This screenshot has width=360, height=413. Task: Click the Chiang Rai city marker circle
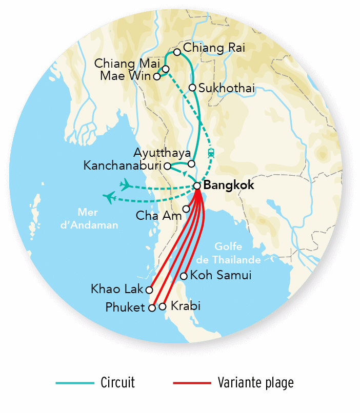[177, 52]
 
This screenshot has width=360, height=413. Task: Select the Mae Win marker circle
[157, 77]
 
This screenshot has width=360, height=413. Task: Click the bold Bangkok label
[229, 185]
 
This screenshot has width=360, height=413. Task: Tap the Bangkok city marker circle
[197, 185]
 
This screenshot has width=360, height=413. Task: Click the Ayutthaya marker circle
[191, 164]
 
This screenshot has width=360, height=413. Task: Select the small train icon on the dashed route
[211, 152]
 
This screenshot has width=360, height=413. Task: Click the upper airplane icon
[124, 183]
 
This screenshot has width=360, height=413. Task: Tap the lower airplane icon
[109, 197]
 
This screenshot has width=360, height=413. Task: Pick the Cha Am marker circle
[186, 209]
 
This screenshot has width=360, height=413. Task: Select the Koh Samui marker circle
[184, 276]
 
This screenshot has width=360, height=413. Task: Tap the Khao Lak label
[117, 290]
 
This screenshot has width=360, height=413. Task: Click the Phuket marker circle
[152, 308]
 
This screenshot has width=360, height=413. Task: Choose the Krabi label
[184, 306]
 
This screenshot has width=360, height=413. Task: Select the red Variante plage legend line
[192, 383]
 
